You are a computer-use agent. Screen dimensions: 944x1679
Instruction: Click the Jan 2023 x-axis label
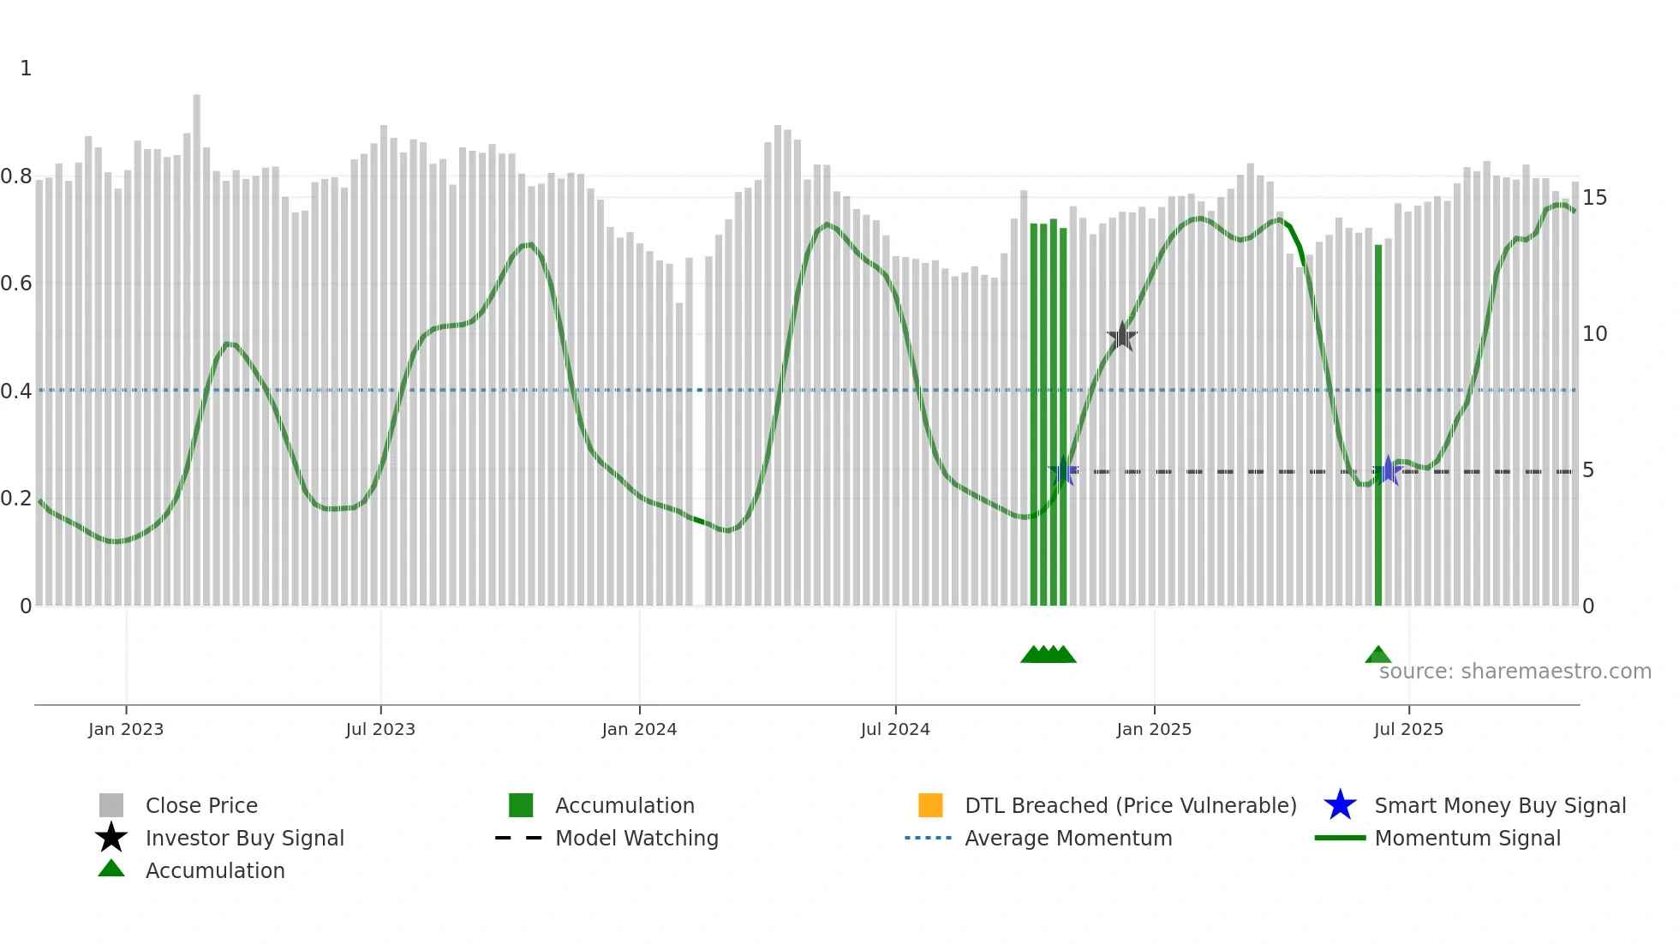[x=126, y=729]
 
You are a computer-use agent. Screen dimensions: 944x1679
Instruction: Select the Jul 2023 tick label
[x=380, y=729]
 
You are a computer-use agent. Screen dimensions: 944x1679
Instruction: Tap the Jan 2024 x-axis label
[x=639, y=729]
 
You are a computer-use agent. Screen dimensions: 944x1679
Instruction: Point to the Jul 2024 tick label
[x=895, y=729]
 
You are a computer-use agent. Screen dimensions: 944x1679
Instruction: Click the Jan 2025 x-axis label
[x=1154, y=729]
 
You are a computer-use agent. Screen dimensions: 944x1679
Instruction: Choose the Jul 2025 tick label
[x=1408, y=729]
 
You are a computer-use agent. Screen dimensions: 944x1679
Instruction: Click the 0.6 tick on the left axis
[x=17, y=284]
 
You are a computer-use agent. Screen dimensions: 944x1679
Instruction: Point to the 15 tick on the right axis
[x=1594, y=198]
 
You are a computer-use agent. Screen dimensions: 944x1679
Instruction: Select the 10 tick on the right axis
[x=1594, y=334]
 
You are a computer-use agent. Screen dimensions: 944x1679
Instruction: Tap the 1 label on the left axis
[x=26, y=69]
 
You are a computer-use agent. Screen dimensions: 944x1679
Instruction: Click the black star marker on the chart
[x=1121, y=337]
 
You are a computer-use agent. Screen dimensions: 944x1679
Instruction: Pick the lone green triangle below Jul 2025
[x=1377, y=655]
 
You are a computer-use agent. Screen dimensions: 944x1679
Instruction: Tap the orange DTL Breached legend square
[x=930, y=805]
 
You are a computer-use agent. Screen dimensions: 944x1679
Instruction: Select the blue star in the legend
[x=1340, y=805]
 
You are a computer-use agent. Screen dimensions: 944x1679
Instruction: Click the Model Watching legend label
[x=636, y=838]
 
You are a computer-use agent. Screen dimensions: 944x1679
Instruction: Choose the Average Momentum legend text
[x=1068, y=838]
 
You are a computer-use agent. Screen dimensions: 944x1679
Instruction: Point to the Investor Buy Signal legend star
[x=111, y=838]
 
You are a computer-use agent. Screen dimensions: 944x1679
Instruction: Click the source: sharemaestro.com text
[x=1515, y=671]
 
